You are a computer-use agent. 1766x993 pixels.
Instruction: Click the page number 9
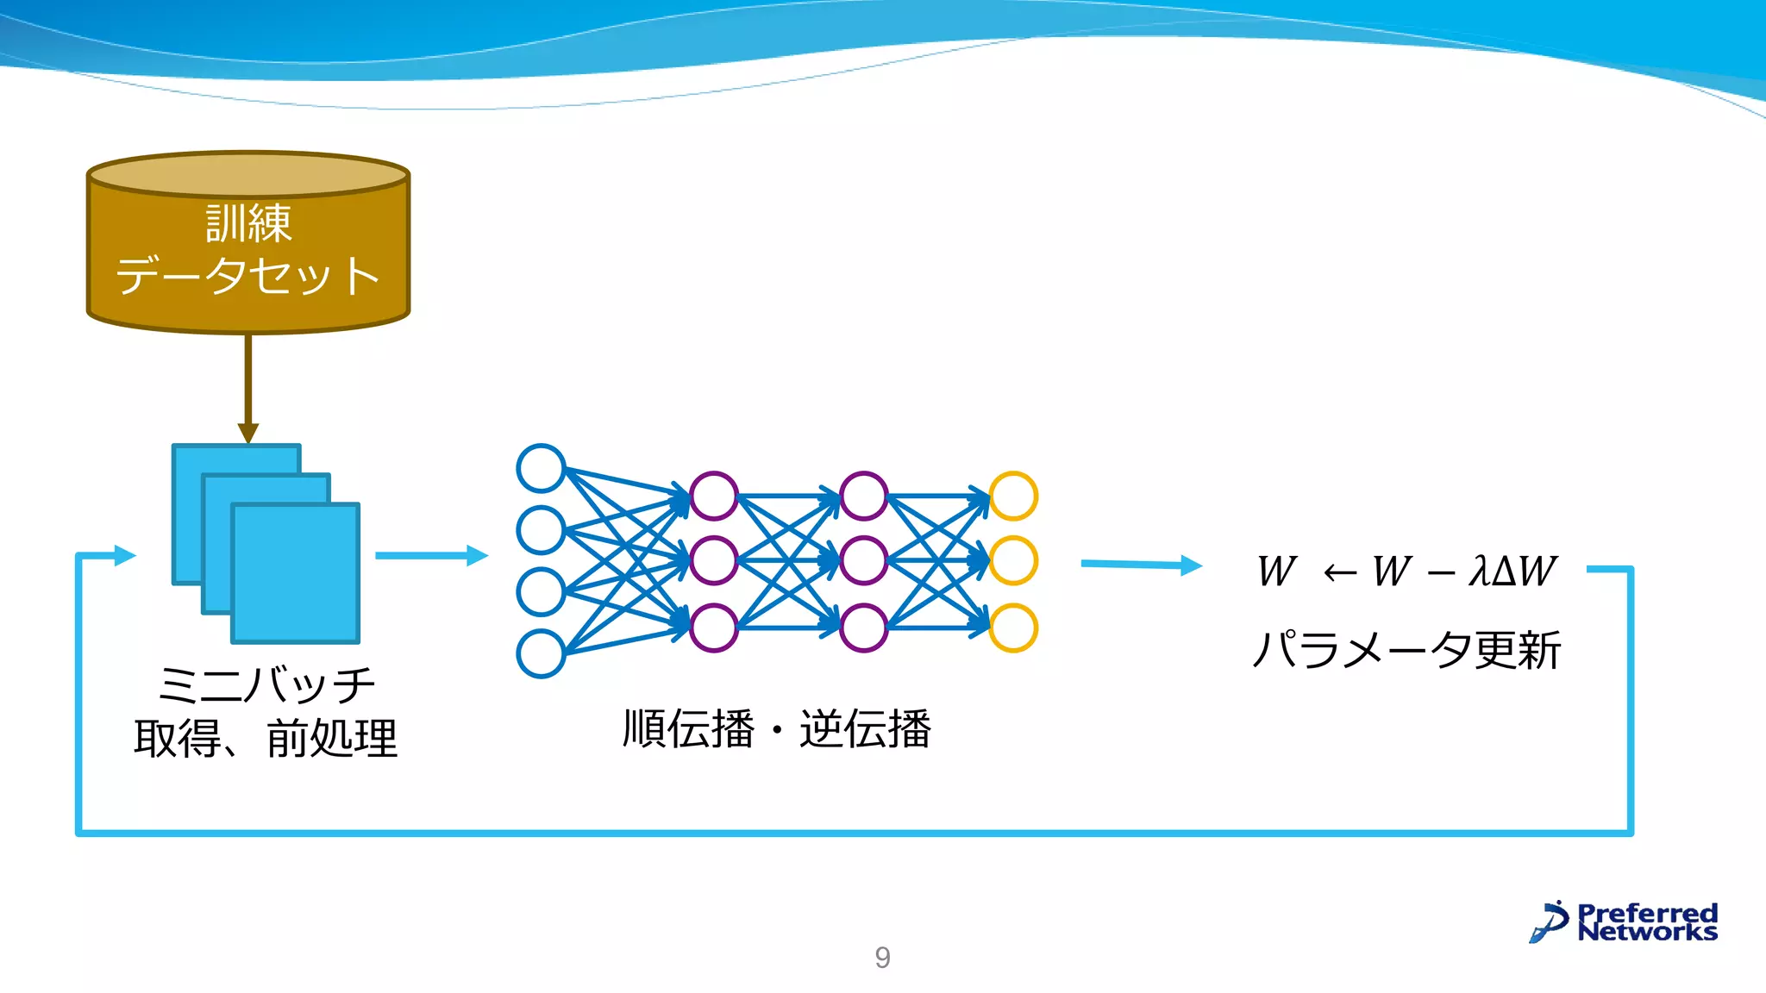882,957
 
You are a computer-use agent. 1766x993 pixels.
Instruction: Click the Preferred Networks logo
1625,921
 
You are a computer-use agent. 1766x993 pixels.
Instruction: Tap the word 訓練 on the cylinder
248,224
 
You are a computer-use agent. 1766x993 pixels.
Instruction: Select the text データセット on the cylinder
248,276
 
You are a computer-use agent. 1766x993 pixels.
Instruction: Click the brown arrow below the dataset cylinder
248,388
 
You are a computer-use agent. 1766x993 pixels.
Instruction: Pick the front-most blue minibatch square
296,573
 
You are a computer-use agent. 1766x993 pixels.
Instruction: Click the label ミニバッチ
266,685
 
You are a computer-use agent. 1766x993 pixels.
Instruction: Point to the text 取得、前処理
266,739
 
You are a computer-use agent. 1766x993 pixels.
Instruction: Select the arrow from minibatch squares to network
431,555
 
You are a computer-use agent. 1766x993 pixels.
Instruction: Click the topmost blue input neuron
541,468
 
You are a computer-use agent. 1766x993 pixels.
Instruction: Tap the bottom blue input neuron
541,654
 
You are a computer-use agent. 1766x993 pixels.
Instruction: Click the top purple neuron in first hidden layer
714,496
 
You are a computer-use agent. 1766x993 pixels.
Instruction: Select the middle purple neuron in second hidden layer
863,560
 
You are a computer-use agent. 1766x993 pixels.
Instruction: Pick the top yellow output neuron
1013,496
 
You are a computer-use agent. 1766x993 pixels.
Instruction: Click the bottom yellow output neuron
1013,628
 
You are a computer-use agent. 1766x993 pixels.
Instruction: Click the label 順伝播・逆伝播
776,729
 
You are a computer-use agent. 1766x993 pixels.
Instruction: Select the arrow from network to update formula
1140,565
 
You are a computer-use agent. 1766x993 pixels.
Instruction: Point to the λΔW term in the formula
1513,571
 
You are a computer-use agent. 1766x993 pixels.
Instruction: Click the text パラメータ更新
1406,650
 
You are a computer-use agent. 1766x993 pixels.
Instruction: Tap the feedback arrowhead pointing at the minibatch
125,555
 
